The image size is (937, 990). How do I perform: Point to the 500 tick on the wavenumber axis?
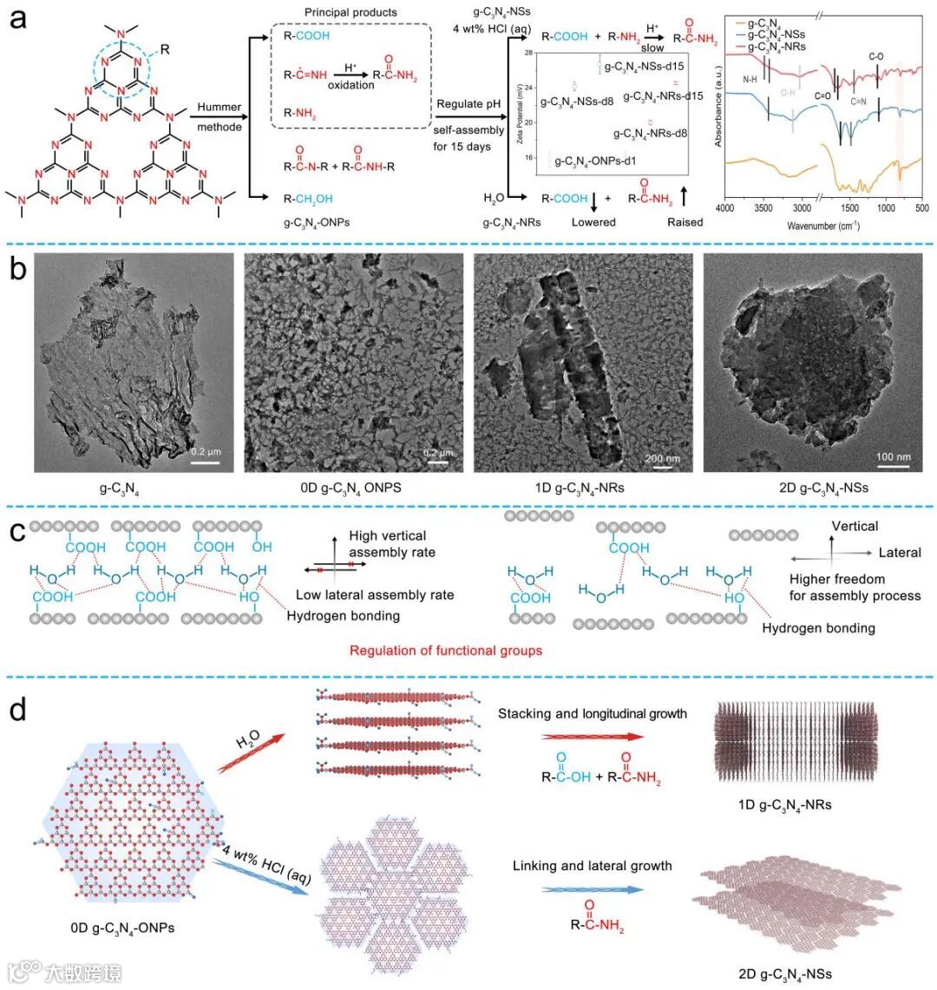click(x=921, y=208)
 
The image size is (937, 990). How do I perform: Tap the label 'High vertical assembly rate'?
click(x=392, y=544)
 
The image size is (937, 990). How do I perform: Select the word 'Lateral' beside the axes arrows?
click(x=900, y=553)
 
